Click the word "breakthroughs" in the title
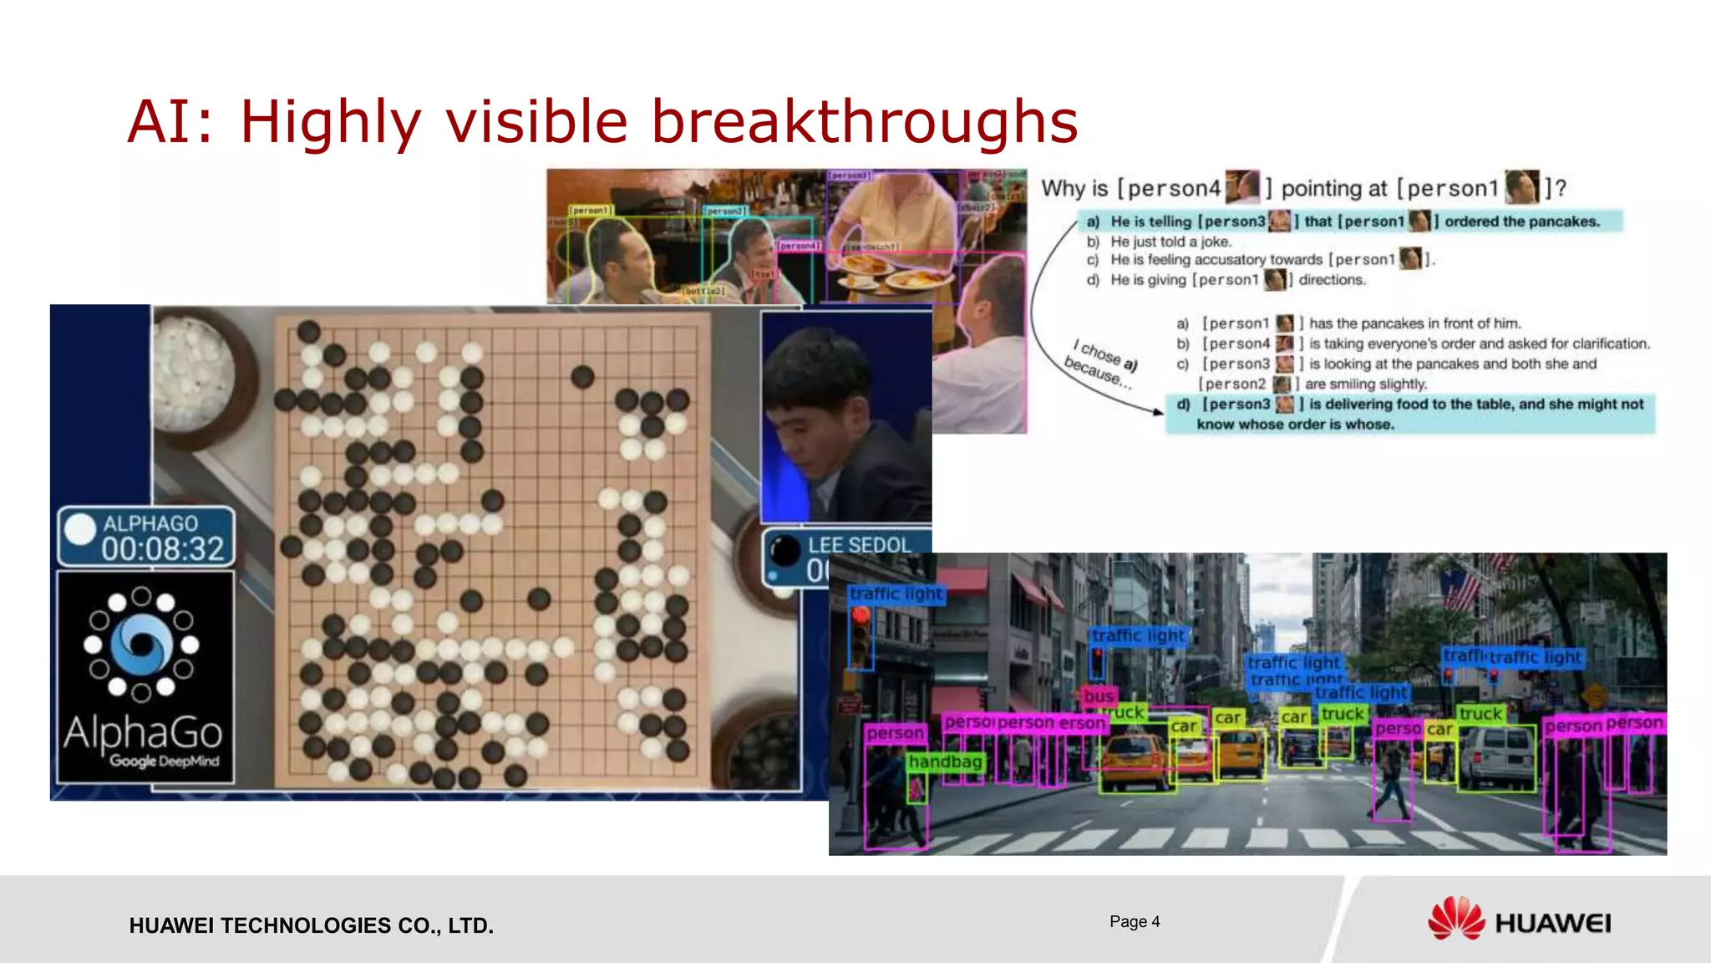click(x=865, y=122)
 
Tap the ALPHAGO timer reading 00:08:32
click(x=163, y=549)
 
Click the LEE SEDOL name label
click(x=859, y=545)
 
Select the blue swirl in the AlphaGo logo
click(x=142, y=645)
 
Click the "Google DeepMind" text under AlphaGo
click(x=165, y=762)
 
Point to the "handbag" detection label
click(x=945, y=762)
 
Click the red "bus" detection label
click(x=1099, y=696)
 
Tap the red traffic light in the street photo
click(x=861, y=617)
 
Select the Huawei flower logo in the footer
click(x=1455, y=920)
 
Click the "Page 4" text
click(x=1135, y=921)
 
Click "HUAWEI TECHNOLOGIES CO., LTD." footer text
click(x=311, y=925)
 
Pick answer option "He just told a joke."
click(x=1170, y=242)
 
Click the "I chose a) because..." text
click(x=1101, y=364)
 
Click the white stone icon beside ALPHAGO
click(x=81, y=529)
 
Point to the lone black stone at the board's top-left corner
click(x=308, y=332)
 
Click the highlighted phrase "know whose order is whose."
click(x=1295, y=425)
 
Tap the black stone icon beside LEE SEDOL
click(x=784, y=550)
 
